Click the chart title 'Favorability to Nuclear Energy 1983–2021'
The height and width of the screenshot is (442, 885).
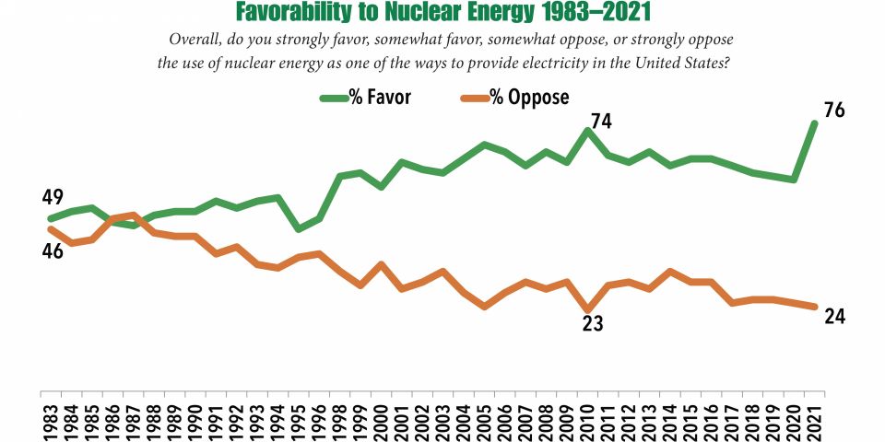coord(442,13)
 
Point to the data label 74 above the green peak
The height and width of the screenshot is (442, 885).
coord(601,122)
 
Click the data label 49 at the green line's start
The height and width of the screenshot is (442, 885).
coord(52,197)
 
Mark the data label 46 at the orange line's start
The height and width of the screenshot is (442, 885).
coord(52,250)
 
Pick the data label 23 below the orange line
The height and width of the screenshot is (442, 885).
coord(590,324)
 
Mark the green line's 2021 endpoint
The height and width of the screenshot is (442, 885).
coord(814,123)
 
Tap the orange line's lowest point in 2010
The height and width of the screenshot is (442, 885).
coord(587,310)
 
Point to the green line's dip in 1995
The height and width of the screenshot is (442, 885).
coord(298,228)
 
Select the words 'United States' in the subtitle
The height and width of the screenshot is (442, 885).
coord(682,64)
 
